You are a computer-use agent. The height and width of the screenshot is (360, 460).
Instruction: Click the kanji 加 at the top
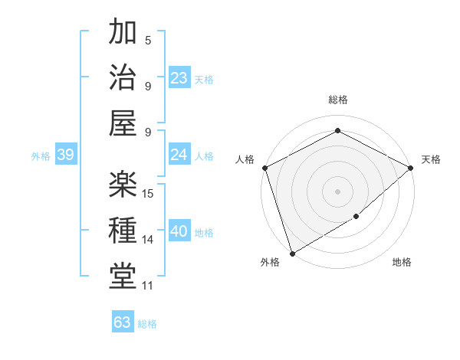123,33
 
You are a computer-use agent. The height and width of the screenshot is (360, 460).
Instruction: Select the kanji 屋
123,123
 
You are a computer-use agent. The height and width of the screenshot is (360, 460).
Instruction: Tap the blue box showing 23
179,77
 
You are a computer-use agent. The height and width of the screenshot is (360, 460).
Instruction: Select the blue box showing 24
179,155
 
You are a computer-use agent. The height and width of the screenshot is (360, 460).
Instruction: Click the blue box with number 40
179,231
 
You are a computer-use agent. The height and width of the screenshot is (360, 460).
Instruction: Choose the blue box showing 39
65,155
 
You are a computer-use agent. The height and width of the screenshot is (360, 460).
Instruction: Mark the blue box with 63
122,322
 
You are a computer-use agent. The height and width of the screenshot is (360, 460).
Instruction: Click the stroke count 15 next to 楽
149,194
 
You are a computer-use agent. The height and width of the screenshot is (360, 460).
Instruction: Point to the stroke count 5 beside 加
148,41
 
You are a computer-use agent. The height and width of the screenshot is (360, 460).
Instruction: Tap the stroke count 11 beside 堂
148,286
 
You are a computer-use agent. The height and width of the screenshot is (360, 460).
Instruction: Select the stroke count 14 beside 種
149,240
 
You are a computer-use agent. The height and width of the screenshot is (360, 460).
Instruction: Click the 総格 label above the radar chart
337,100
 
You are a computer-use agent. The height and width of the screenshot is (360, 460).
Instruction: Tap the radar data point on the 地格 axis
356,218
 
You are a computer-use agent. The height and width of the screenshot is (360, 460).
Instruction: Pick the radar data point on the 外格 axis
292,253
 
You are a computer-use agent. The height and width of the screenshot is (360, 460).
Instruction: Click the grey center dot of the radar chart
337,191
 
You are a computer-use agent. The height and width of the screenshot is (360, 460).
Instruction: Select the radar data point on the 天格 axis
411,168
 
